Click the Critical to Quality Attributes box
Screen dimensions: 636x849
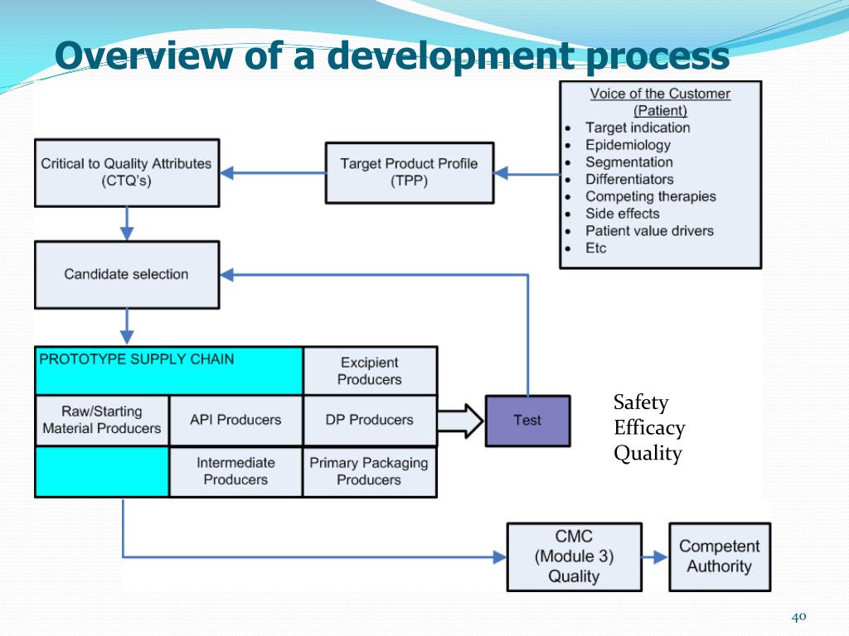[126, 172]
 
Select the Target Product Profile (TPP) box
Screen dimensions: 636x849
[409, 172]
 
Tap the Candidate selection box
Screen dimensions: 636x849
[126, 274]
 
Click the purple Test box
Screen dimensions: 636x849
[527, 420]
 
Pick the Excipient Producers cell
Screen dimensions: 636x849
[370, 371]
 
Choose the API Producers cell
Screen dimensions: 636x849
[235, 420]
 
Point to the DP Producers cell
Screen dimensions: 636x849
[370, 420]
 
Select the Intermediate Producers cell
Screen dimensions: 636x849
[235, 471]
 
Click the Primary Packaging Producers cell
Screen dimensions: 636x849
[370, 471]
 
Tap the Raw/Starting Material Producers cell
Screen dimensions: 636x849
[101, 420]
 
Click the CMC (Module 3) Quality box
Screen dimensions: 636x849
[574, 556]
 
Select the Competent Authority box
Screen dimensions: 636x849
[719, 556]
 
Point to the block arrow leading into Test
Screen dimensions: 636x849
[461, 420]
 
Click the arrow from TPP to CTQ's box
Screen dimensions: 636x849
[274, 173]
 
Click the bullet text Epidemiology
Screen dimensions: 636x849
[628, 145]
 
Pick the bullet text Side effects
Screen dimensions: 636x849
[622, 214]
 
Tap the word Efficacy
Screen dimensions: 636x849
[649, 428]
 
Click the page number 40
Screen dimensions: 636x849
[799, 616]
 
